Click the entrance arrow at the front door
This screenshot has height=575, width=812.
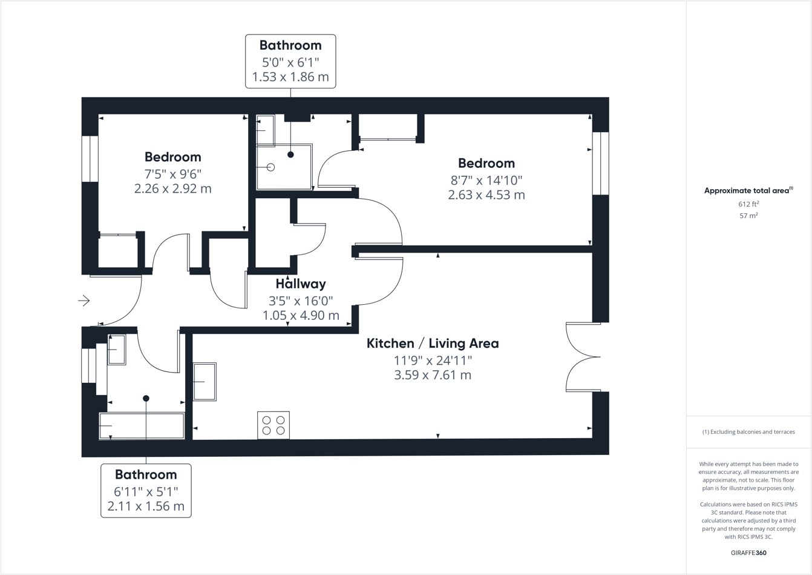coord(83,301)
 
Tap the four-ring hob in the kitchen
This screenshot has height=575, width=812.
coord(273,425)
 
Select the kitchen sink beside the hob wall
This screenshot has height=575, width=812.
coord(205,382)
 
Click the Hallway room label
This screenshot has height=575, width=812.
coord(301,284)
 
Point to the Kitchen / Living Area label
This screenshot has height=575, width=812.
coord(433,344)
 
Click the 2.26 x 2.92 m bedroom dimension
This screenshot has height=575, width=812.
coord(173,189)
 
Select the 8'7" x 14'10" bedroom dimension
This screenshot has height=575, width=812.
coord(486,181)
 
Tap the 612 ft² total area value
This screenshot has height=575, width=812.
coord(748,204)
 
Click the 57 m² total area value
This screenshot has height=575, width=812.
coord(748,216)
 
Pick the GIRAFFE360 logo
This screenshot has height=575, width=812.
coord(748,553)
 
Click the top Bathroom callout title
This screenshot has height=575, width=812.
coord(290,45)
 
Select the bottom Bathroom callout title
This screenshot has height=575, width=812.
coord(146,475)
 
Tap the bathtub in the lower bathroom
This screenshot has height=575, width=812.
coord(142,426)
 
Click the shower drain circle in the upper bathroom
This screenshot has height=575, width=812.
coord(270,167)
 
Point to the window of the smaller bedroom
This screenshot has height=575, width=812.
coord(90,159)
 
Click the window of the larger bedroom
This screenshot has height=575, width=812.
coord(601,164)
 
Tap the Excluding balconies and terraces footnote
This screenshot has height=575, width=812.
coord(748,432)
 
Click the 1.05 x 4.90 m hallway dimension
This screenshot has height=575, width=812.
coord(301,316)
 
